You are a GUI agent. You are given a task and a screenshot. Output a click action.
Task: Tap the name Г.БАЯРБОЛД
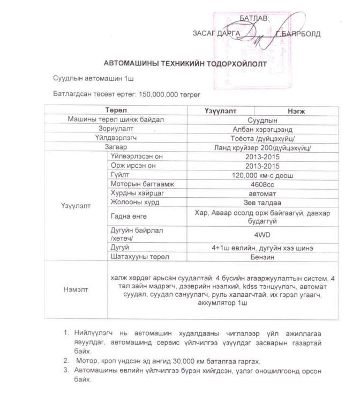(x=298, y=34)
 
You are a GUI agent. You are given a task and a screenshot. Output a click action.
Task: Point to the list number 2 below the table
(x=65, y=361)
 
